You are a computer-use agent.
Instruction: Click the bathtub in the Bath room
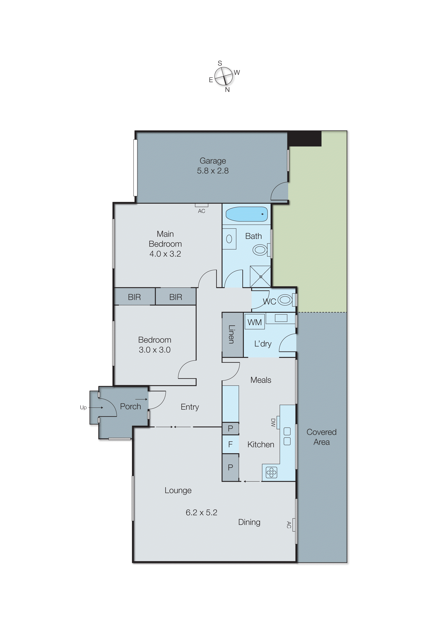tap(246, 214)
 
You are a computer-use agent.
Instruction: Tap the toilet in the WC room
tap(285, 300)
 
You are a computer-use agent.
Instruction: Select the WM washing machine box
tap(255, 322)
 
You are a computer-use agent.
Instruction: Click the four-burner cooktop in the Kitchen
tap(271, 473)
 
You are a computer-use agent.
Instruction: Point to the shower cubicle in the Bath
tap(260, 276)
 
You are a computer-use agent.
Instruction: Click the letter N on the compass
tap(227, 90)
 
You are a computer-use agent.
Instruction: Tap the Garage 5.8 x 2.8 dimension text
tap(213, 171)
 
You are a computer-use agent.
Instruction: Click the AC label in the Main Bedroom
tap(201, 211)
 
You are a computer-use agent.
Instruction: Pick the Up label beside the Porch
tap(83, 407)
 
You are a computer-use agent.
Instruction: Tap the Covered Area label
tap(321, 437)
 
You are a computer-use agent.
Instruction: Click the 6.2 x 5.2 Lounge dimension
tap(201, 512)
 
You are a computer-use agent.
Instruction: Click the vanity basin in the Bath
tap(229, 239)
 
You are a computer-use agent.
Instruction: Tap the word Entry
tap(190, 407)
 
